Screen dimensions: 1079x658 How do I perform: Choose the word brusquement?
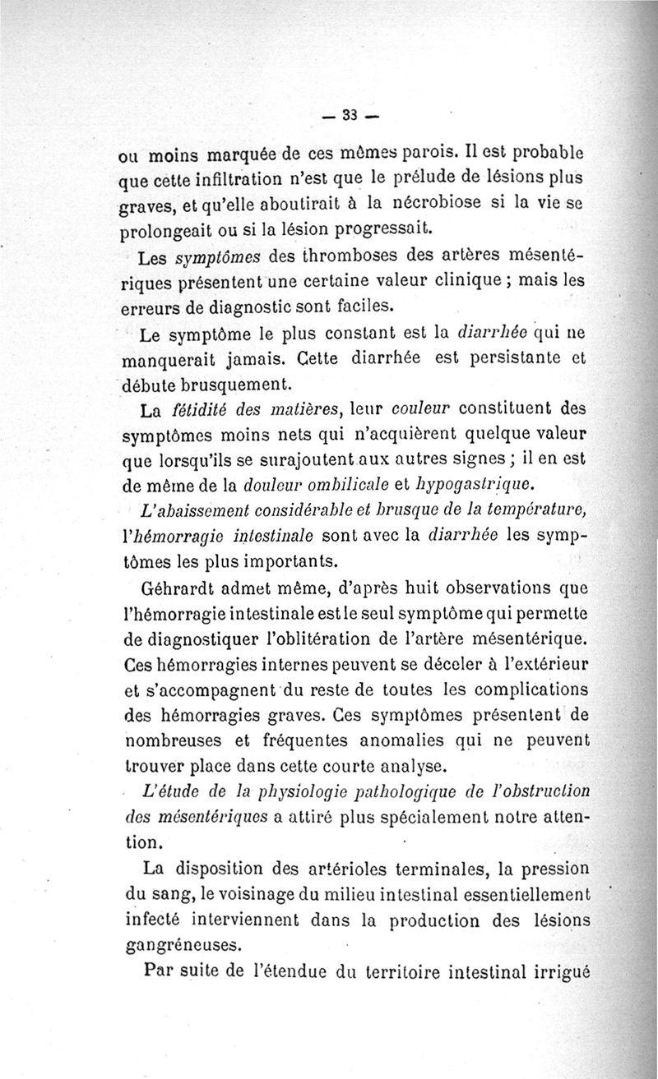pyautogui.click(x=242, y=384)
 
